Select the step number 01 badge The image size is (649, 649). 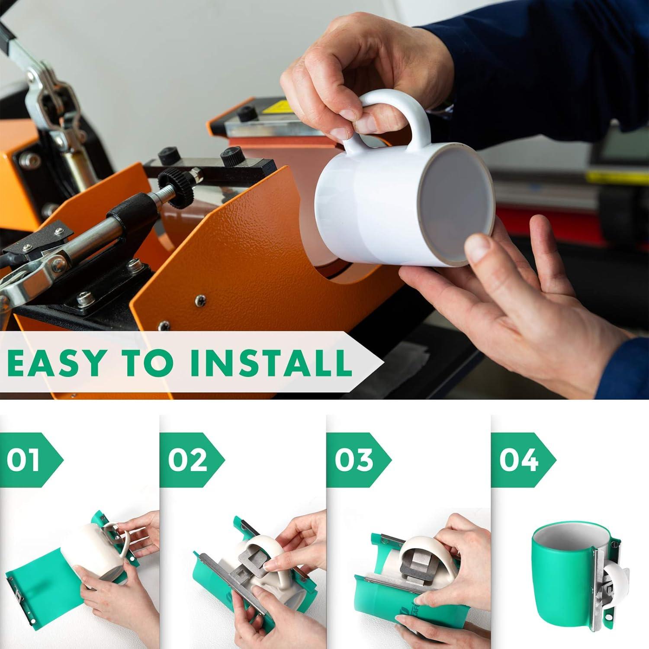pyautogui.click(x=26, y=459)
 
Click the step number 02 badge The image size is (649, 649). pyautogui.click(x=187, y=459)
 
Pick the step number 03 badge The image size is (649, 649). pyautogui.click(x=353, y=459)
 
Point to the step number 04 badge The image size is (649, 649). pyautogui.click(x=518, y=459)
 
